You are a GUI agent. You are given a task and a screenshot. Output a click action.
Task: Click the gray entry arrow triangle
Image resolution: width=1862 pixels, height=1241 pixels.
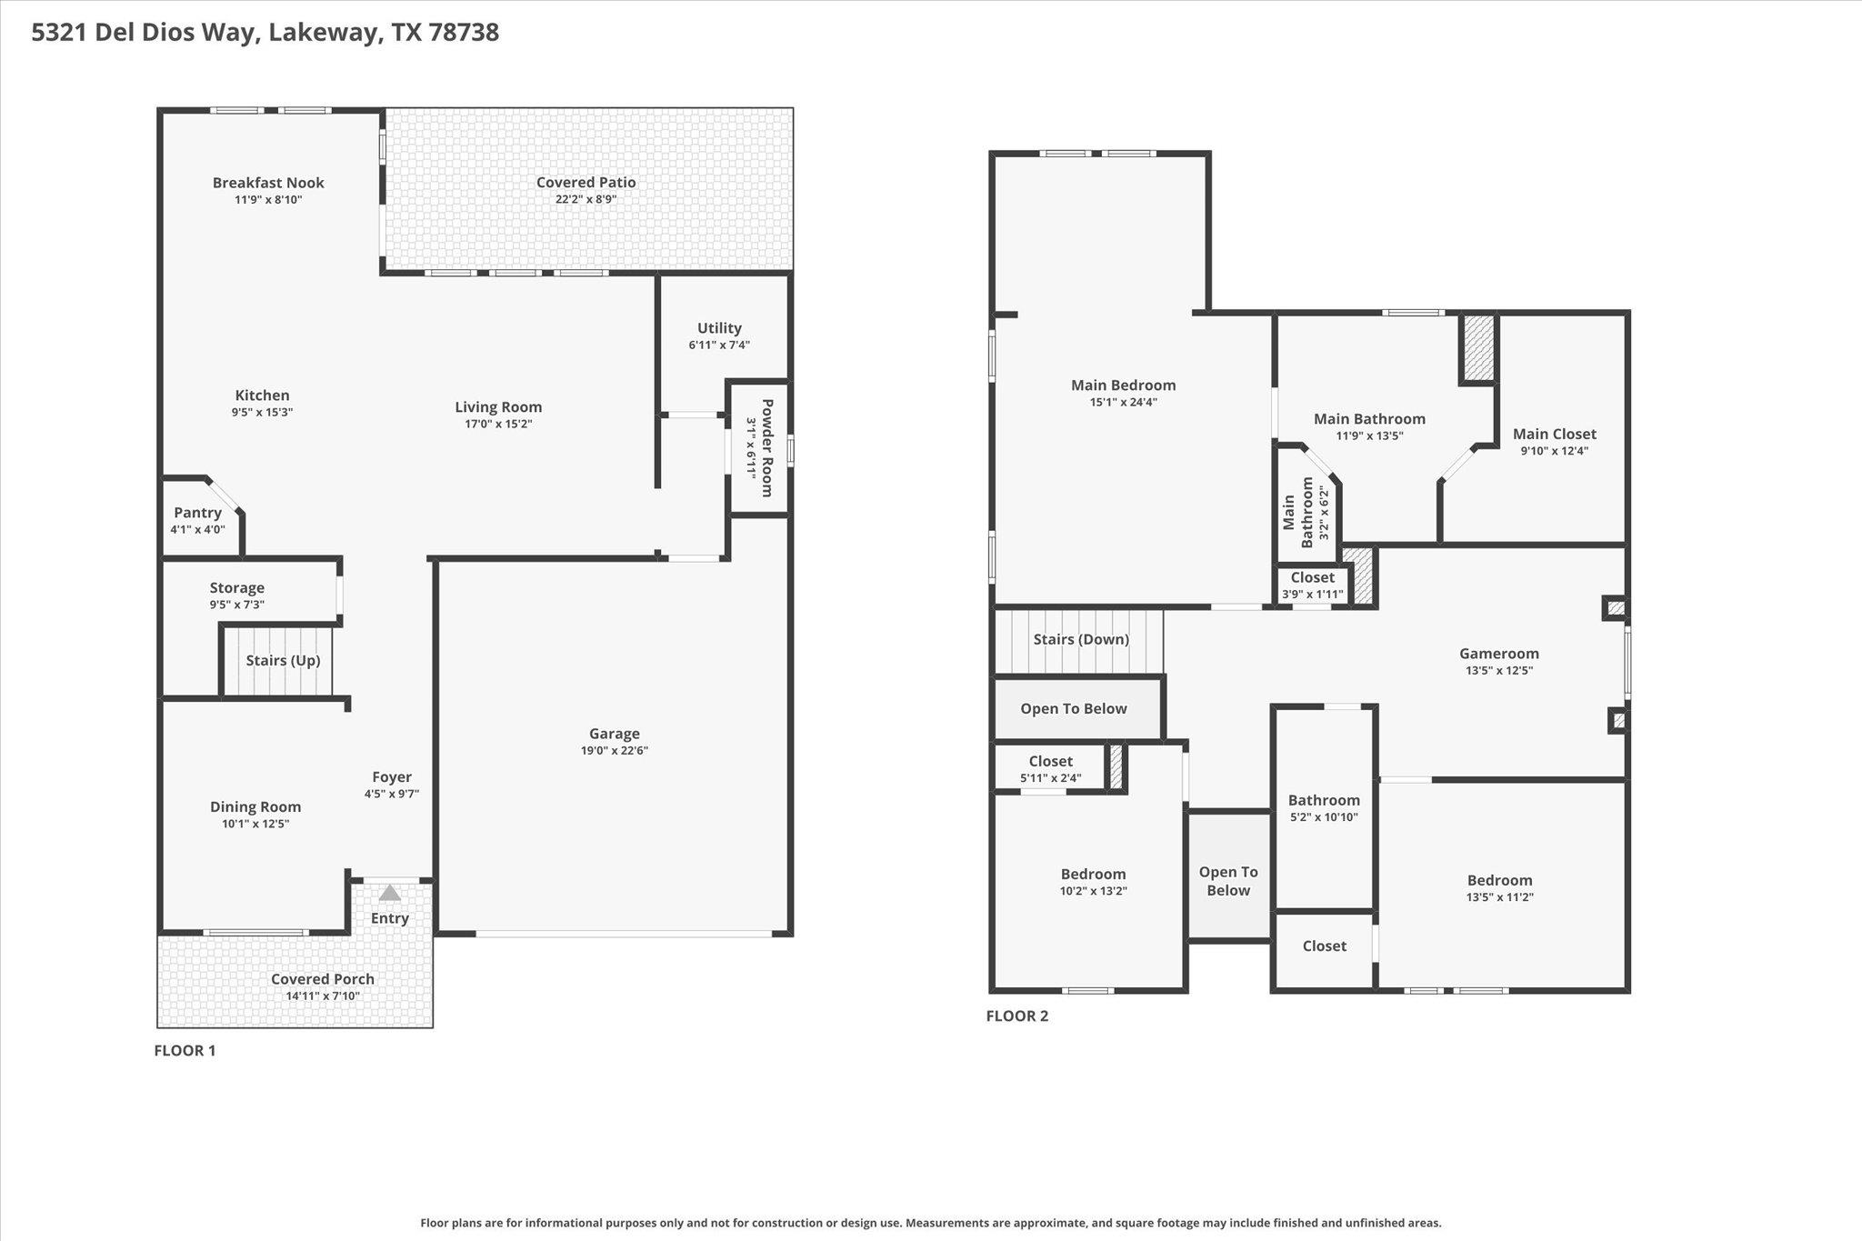[389, 893]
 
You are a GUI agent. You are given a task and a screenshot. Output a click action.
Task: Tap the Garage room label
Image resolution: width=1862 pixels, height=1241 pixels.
[615, 734]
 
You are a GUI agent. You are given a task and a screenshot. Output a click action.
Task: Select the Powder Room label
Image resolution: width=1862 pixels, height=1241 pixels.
[766, 448]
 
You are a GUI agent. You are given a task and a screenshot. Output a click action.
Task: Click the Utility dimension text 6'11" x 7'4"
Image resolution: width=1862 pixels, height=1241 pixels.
[719, 345]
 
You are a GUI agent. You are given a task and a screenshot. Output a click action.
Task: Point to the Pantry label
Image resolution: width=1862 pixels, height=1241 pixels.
[197, 513]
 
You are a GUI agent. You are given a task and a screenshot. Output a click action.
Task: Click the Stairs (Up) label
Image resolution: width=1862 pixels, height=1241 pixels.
[283, 660]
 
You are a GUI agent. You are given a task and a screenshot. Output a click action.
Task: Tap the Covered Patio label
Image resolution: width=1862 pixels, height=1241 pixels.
[586, 182]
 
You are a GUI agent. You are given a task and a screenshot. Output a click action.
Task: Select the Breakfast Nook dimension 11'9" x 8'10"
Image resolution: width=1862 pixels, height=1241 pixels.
[268, 199]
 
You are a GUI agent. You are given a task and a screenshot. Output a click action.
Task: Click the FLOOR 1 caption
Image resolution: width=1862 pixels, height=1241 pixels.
[185, 1051]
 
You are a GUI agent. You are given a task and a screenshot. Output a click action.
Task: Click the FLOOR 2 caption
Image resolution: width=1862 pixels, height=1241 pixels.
[1017, 1016]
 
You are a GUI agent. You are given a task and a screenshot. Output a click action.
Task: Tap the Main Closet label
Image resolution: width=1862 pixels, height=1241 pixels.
[1555, 434]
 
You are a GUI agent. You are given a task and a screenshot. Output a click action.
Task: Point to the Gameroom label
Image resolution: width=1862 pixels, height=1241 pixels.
[1499, 653]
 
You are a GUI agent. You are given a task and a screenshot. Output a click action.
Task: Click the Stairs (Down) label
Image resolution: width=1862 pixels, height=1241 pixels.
[1081, 639]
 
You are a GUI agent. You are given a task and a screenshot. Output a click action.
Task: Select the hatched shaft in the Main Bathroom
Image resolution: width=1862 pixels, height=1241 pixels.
[1478, 348]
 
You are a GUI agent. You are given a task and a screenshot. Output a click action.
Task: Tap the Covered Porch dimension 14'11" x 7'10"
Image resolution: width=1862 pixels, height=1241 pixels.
[323, 996]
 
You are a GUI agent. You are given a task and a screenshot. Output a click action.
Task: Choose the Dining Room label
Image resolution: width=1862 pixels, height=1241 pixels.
[255, 806]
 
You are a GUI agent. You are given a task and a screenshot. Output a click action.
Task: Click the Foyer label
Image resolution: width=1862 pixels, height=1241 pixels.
[392, 776]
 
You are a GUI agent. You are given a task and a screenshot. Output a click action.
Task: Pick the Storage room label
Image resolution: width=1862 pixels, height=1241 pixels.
[237, 588]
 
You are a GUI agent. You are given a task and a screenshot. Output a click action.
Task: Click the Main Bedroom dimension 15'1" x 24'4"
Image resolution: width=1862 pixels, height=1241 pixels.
[1124, 402]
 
